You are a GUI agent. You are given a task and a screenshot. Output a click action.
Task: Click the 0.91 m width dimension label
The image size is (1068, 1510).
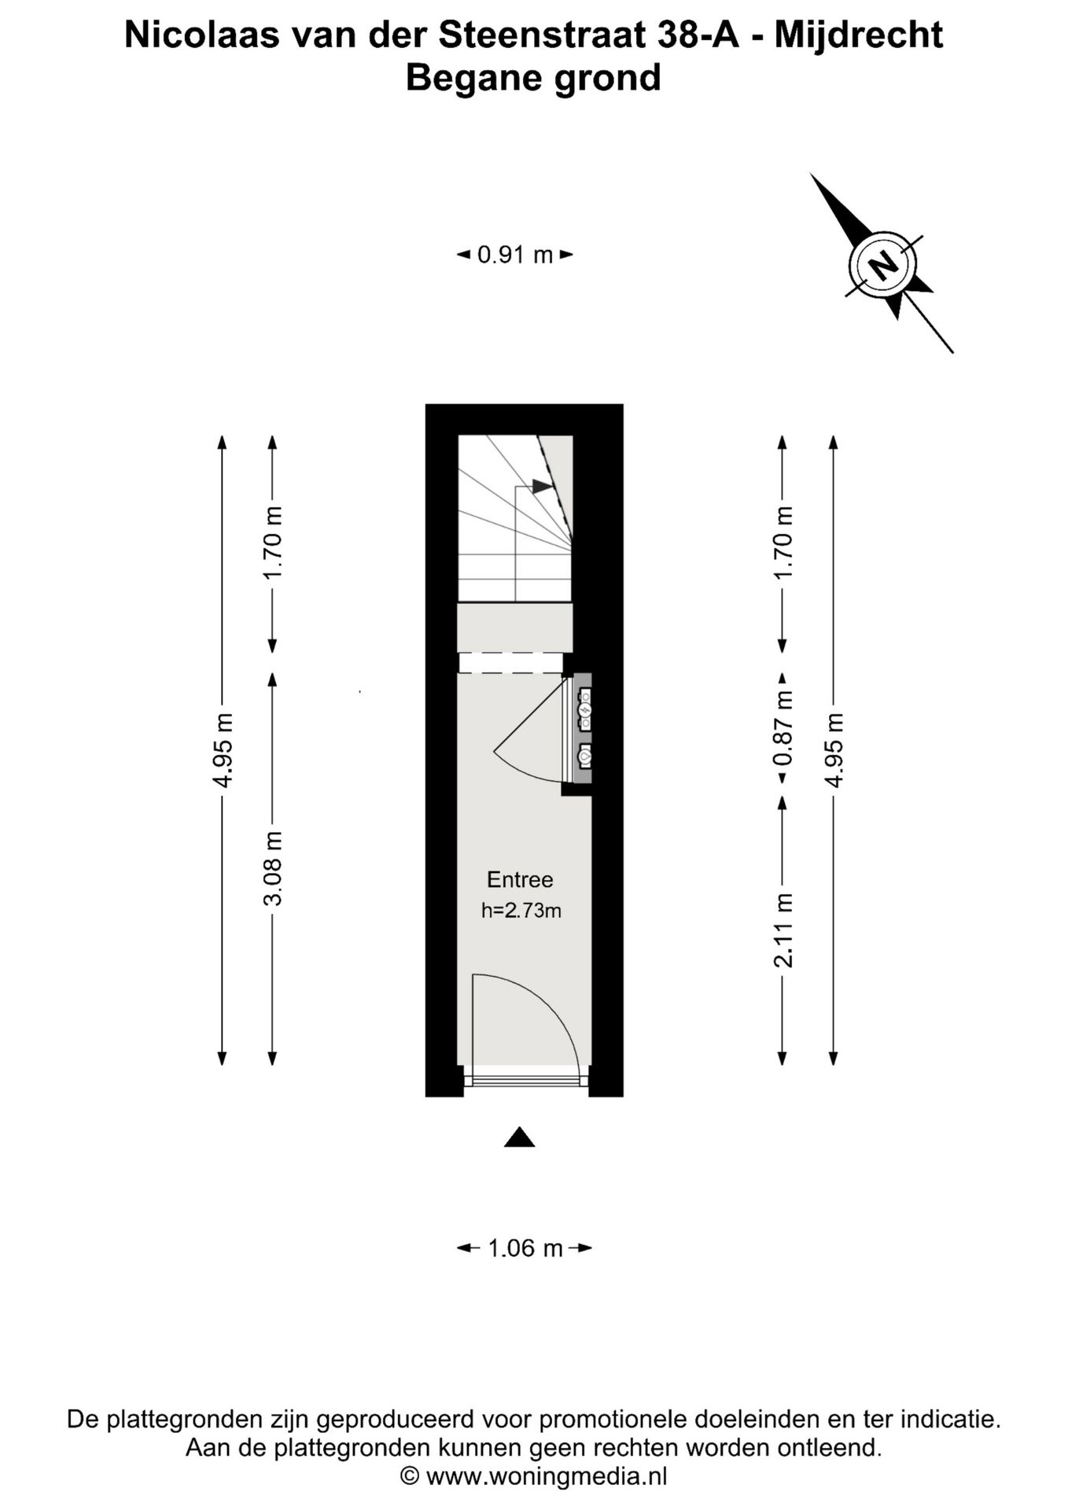pos(515,255)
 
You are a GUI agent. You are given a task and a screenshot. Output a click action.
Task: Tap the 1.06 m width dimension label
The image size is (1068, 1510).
pos(525,1248)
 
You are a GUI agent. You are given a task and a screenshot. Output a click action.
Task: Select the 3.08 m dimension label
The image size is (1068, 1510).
pos(273,868)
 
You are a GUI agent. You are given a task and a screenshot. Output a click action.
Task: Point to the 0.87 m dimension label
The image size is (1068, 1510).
pos(783,728)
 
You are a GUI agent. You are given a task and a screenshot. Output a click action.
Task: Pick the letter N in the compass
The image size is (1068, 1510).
pos(884,264)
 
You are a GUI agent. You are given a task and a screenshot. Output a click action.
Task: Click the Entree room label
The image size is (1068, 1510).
pos(520,879)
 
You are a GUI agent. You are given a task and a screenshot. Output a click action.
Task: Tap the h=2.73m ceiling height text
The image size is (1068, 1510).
pos(521,911)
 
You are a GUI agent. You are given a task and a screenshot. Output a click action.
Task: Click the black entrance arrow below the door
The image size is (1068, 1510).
pos(520,1137)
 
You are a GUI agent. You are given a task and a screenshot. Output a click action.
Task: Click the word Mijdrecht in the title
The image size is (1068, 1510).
pos(859,36)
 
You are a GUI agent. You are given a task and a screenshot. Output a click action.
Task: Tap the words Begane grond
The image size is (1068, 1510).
pos(533,79)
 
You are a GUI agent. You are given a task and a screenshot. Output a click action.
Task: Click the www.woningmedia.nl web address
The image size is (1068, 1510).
pos(547,1476)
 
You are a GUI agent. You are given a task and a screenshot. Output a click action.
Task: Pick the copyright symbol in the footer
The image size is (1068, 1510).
pos(409,1476)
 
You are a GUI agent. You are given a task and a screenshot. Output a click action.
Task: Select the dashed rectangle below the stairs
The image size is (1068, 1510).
pos(511,663)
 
